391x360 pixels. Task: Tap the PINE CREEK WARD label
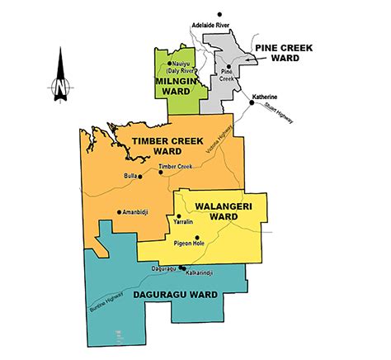coord(284,53)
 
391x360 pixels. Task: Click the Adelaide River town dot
coord(220,14)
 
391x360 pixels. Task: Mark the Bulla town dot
coord(140,176)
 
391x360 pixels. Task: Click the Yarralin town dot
coord(179,216)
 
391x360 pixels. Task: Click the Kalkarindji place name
coord(198,272)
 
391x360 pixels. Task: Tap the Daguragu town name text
coord(165,267)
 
